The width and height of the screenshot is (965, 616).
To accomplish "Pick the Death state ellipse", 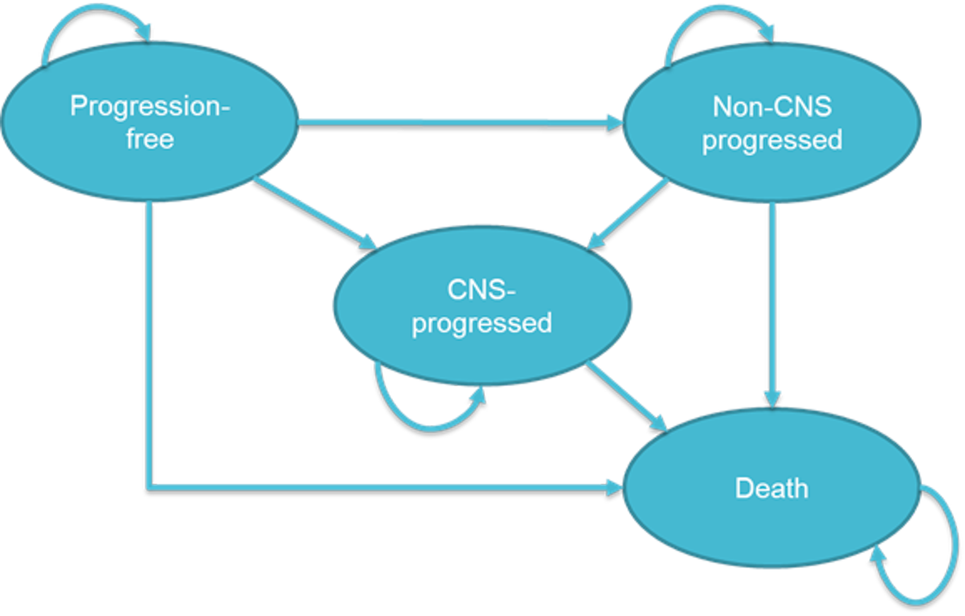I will pyautogui.click(x=772, y=530).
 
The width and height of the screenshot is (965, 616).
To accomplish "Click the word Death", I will pyautogui.click(x=771, y=489).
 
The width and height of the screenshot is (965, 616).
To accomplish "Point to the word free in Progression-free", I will pyautogui.click(x=149, y=139).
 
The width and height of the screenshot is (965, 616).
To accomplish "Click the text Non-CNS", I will pyautogui.click(x=772, y=107).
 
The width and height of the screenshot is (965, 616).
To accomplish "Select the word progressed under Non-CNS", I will pyautogui.click(x=772, y=140).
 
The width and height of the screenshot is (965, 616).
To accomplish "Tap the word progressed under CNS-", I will pyautogui.click(x=482, y=323).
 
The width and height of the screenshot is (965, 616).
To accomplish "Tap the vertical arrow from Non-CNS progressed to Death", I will pyautogui.click(x=772, y=303).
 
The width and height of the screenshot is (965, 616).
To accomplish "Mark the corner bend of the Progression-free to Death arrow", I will pyautogui.click(x=149, y=487).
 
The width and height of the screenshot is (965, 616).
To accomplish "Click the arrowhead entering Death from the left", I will pyautogui.click(x=614, y=487).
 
